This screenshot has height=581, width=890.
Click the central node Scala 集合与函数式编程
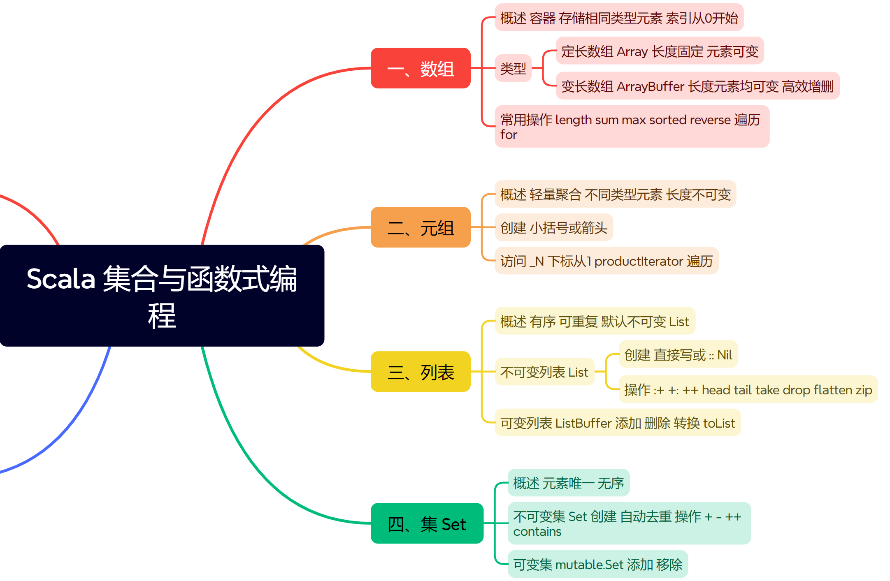[162, 295]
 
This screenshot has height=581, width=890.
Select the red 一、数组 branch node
[420, 68]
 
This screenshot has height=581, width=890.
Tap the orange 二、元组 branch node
[420, 227]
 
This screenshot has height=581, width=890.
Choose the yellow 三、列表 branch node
[420, 372]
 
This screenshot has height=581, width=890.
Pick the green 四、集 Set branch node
[427, 523]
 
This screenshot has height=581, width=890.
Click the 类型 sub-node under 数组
[513, 68]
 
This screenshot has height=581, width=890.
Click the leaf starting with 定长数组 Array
[660, 51]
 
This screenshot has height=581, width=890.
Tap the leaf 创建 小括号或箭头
[553, 227]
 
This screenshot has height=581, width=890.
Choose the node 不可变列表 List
[544, 372]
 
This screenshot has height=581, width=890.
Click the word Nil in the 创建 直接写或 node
[725, 355]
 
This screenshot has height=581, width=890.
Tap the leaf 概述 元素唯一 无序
[568, 483]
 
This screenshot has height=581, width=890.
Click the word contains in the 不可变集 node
[537, 531]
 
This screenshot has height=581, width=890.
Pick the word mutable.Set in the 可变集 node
[589, 565]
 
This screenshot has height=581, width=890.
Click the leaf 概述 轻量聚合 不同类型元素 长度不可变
[615, 194]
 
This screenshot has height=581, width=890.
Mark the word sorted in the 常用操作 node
[667, 120]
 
